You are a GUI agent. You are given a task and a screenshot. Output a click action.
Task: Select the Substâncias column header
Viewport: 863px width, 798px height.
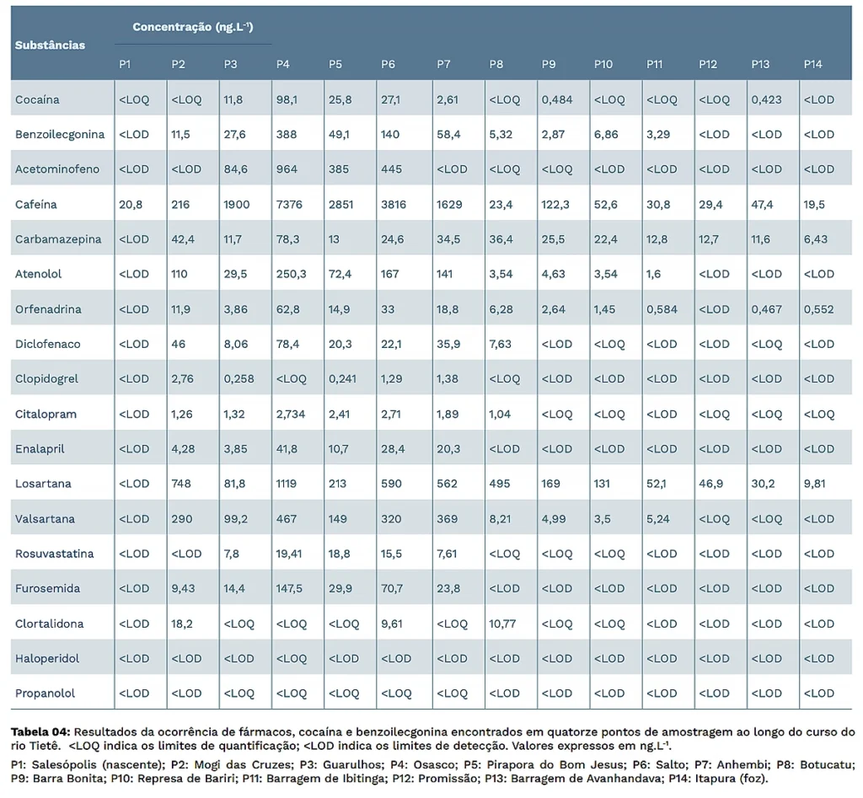tap(50, 46)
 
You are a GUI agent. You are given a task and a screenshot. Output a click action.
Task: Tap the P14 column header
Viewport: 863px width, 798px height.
tap(813, 64)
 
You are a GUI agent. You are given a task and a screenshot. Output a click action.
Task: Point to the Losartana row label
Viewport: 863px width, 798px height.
tap(43, 484)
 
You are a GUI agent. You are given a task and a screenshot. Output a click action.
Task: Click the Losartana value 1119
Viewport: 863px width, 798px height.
tap(287, 484)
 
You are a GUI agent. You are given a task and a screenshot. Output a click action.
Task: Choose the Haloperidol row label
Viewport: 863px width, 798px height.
tap(47, 658)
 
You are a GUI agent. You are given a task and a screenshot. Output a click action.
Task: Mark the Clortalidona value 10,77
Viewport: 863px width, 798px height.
tap(502, 624)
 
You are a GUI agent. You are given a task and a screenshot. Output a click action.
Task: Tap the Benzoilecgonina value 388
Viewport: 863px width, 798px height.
tap(287, 134)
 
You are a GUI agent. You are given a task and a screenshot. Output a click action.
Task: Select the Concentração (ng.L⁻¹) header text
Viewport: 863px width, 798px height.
tap(193, 27)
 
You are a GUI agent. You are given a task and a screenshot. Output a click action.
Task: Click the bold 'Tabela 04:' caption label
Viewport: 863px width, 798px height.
tap(40, 732)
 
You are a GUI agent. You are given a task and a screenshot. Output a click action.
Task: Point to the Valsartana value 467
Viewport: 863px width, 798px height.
tap(287, 519)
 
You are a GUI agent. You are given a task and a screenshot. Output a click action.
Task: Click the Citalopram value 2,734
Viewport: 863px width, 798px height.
tap(291, 415)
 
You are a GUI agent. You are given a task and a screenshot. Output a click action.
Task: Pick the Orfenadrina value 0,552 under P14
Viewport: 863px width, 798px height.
tap(819, 309)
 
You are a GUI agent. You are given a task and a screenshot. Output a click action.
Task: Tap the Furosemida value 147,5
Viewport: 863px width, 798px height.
tap(290, 588)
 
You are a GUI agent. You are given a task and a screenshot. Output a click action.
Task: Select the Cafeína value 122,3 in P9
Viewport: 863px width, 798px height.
tap(555, 205)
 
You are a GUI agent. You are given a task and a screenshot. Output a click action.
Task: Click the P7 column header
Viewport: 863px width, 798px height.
tap(443, 64)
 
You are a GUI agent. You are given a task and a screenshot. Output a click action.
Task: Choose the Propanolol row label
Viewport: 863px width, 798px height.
tap(46, 694)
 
